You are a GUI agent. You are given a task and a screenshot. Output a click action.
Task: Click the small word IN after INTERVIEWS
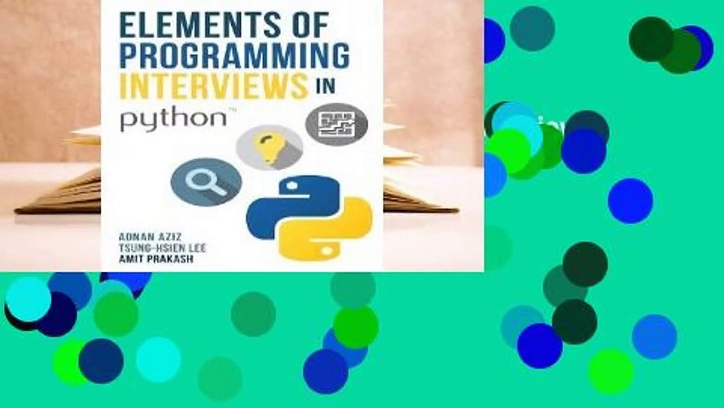click(326, 86)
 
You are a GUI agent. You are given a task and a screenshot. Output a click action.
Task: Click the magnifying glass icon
click(206, 181)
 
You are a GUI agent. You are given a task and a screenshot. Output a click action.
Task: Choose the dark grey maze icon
click(337, 124)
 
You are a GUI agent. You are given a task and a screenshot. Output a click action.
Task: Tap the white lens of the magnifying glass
click(201, 178)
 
